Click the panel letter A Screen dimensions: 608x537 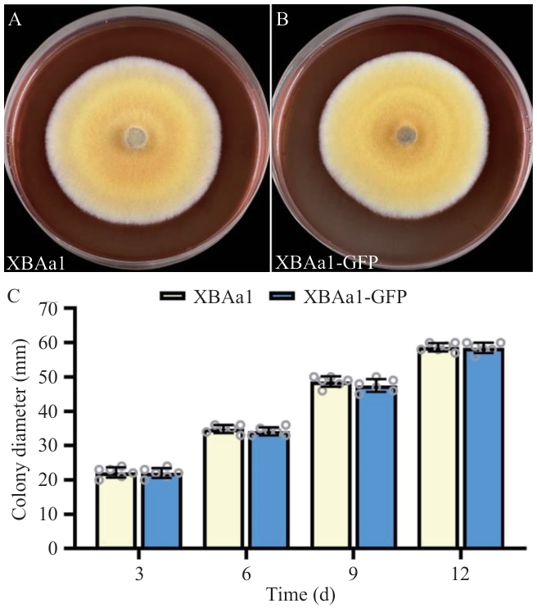coord(14,20)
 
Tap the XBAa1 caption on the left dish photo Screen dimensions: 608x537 coord(35,264)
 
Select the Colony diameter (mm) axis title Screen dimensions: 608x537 coord(20,429)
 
